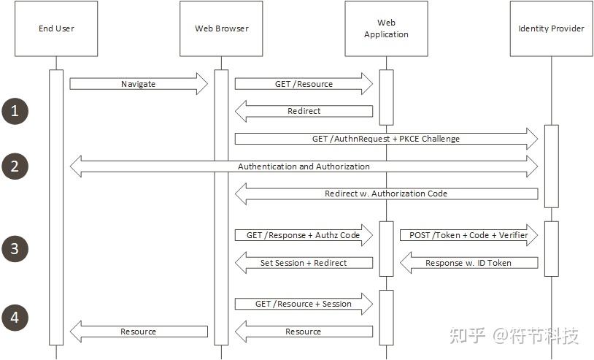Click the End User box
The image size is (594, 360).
pos(56,29)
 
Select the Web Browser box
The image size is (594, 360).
pos(221,29)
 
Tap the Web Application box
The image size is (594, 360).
pos(386,29)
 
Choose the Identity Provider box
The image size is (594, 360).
pos(551,29)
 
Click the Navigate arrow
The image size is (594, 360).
pos(139,84)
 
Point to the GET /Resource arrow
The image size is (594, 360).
pos(304,84)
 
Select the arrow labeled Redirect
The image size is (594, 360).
pos(304,111)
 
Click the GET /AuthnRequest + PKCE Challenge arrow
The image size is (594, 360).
pos(386,139)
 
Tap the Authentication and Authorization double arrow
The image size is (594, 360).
pos(304,166)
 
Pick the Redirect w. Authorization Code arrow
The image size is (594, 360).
pos(386,194)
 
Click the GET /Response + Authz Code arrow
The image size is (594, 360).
pos(304,235)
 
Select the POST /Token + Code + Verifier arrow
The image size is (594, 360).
pos(468,235)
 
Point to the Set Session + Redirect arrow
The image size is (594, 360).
pos(304,262)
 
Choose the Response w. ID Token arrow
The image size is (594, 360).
pos(468,262)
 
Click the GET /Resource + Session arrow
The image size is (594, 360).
pos(304,304)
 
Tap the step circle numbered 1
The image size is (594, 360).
pos(15,111)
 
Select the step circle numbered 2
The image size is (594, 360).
pos(15,166)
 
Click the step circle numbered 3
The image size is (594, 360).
pos(15,249)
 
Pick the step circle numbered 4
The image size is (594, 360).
pos(15,318)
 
